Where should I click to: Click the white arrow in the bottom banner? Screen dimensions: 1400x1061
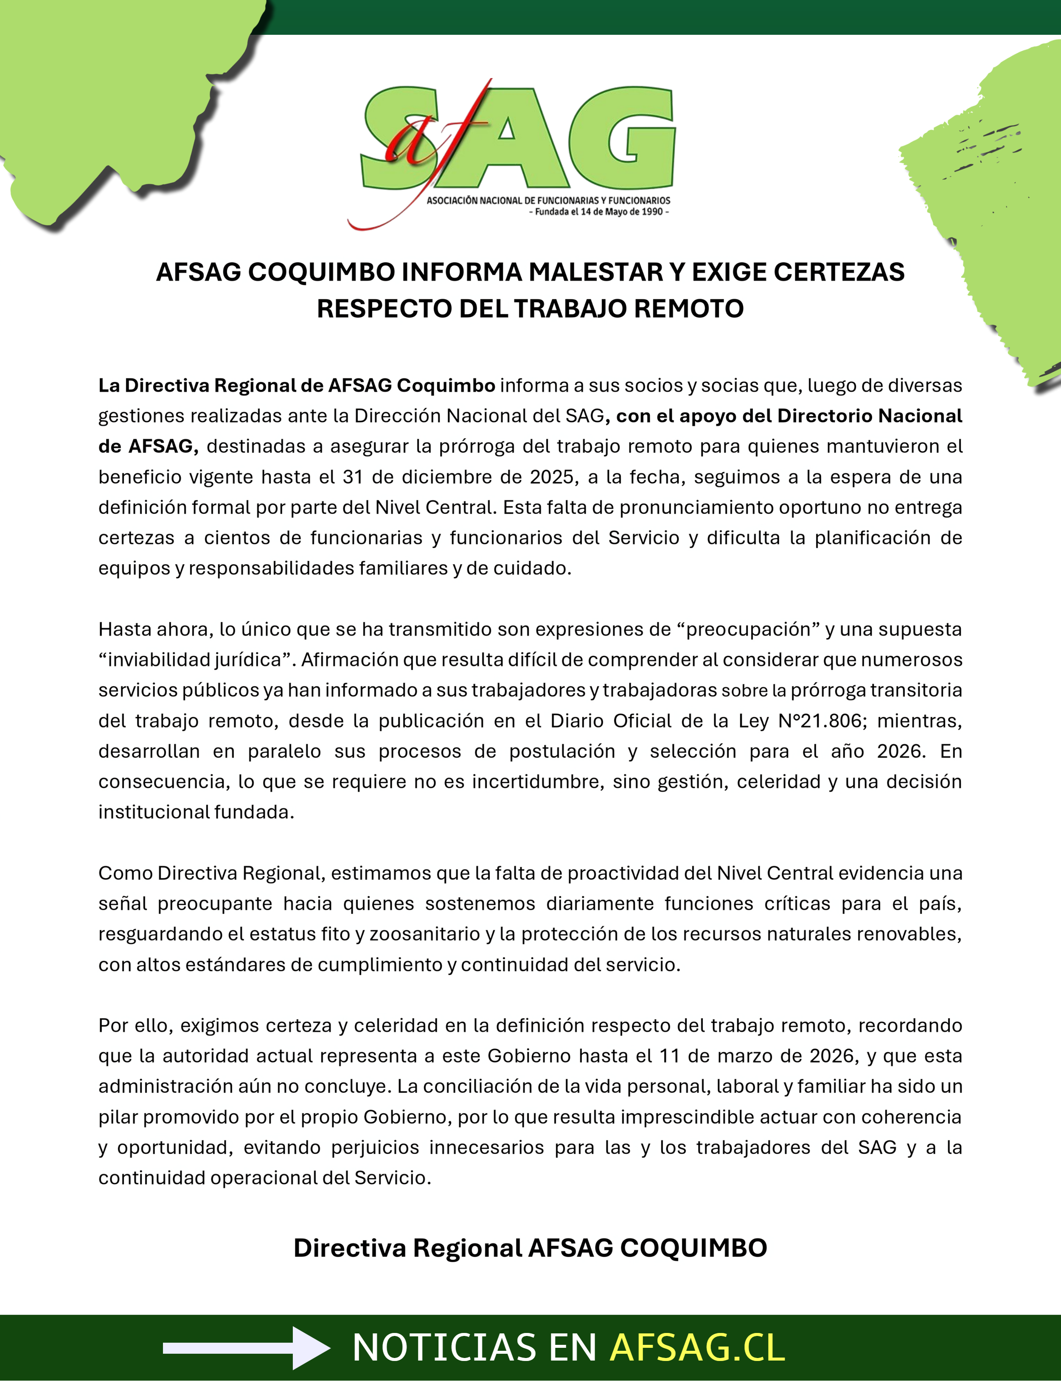click(247, 1348)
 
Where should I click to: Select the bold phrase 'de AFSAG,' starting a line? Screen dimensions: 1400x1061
click(148, 446)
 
